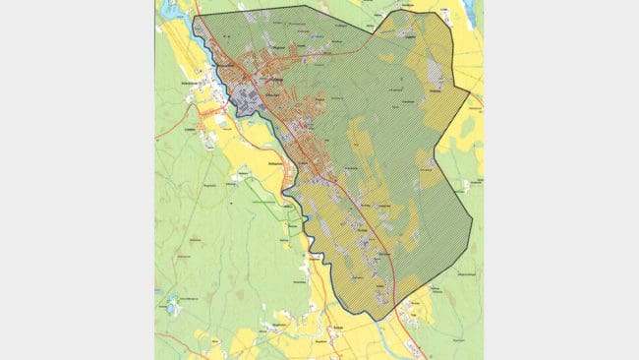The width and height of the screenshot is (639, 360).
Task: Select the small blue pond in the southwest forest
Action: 171,308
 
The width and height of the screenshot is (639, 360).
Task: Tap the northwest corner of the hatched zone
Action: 195,17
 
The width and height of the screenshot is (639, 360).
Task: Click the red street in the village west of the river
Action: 207,114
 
